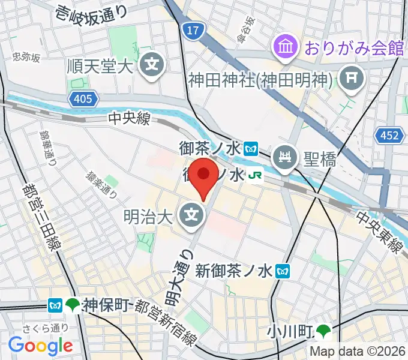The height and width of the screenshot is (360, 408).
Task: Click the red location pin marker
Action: (x=205, y=176)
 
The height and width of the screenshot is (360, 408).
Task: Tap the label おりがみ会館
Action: (x=354, y=47)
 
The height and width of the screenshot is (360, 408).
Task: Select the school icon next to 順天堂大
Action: (x=153, y=63)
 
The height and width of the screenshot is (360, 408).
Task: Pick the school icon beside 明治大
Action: (x=193, y=213)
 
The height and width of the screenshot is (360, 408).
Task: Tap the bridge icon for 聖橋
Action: (x=284, y=158)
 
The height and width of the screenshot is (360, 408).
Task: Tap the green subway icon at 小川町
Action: (x=324, y=330)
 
